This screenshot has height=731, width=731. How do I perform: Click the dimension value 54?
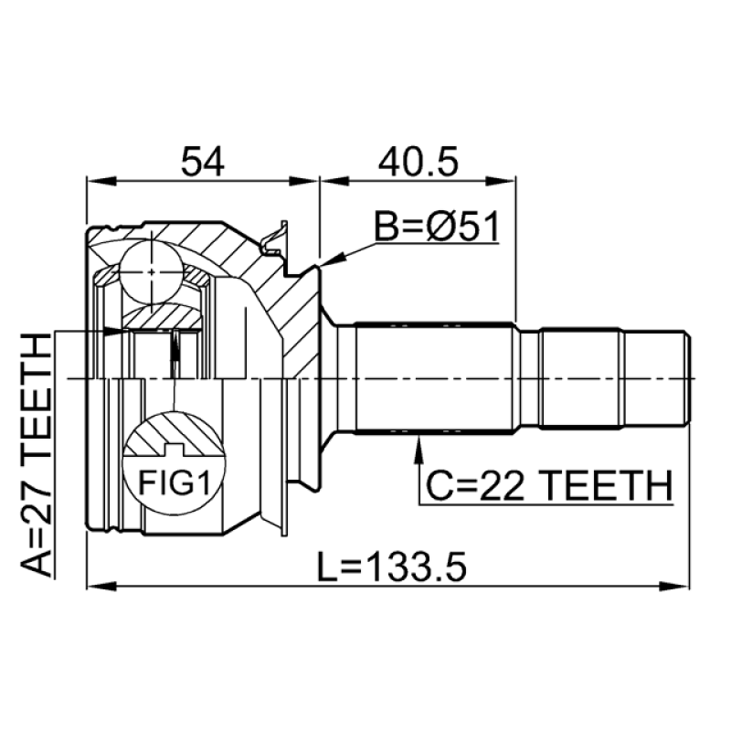point(203,162)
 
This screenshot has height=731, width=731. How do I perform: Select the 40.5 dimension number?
point(418,162)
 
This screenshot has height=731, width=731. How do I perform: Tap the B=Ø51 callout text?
point(437,227)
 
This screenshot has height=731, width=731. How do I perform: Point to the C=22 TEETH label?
point(550,485)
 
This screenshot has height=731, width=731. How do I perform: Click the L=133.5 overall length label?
point(392,567)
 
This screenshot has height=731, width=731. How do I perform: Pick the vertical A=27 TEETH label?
point(36,455)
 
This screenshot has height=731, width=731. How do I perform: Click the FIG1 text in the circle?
point(175,482)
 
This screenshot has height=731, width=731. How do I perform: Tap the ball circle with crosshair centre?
point(152,271)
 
